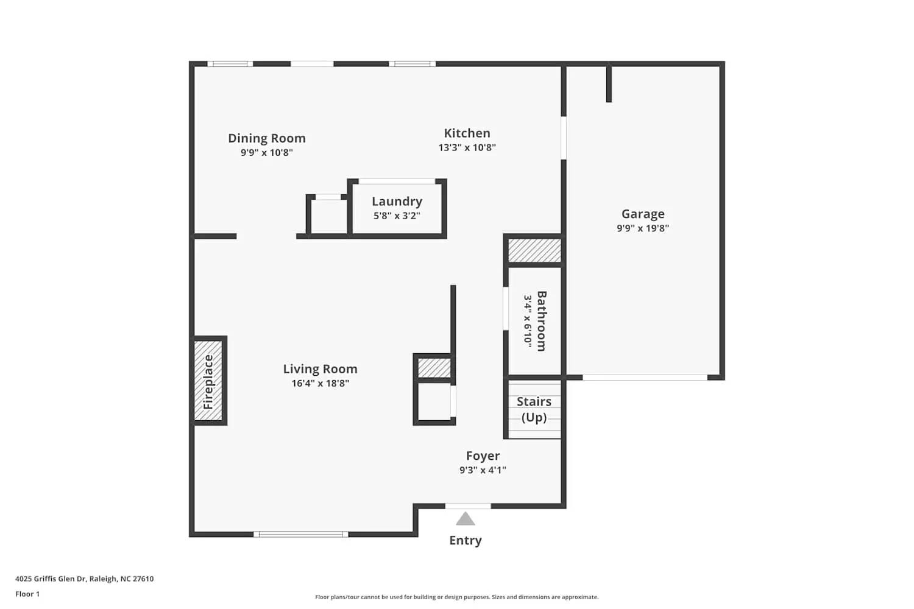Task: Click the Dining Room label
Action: [x=266, y=138]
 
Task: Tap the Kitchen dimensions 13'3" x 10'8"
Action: [x=467, y=147]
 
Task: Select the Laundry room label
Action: [x=397, y=202]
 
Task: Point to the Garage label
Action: [x=643, y=214]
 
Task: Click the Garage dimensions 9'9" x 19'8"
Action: [x=643, y=228]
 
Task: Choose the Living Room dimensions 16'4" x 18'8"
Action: [x=320, y=383]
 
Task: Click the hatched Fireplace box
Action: [x=208, y=381]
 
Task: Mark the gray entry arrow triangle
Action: [x=465, y=519]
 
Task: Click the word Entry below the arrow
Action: [x=465, y=540]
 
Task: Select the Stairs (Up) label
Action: [x=534, y=409]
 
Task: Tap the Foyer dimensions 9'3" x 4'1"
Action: [x=483, y=470]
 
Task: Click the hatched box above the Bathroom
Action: [x=534, y=250]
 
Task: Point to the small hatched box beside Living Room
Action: [x=434, y=368]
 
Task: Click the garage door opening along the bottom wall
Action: [x=645, y=378]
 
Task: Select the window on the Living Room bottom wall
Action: [x=301, y=534]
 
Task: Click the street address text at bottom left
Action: [x=85, y=579]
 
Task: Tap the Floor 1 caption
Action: [x=27, y=594]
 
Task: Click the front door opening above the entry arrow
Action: [x=467, y=506]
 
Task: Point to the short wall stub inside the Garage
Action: [x=609, y=83]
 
